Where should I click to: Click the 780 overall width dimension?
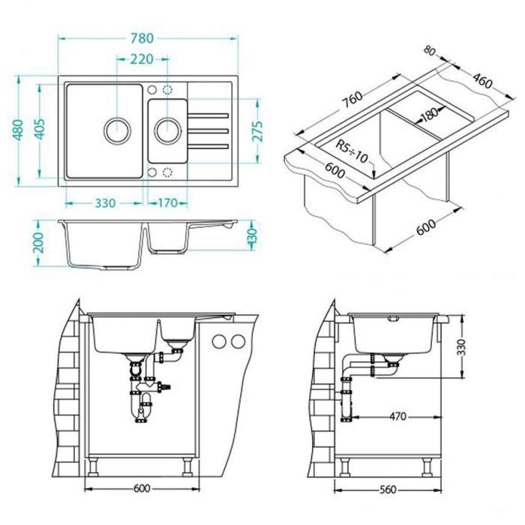[x=142, y=38]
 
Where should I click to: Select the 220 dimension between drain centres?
[x=142, y=59]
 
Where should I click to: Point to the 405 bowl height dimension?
[x=40, y=129]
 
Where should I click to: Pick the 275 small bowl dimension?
[x=258, y=131]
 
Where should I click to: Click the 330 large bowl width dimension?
[x=105, y=203]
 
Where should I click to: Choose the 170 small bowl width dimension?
[x=167, y=203]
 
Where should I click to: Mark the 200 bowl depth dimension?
[x=39, y=242]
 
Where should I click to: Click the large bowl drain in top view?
[x=117, y=130]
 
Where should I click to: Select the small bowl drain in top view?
[x=168, y=130]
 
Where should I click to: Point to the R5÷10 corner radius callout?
[x=352, y=151]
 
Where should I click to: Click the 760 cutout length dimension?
[x=352, y=100]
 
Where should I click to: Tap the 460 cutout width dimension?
[x=482, y=81]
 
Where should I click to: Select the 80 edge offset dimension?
[x=430, y=50]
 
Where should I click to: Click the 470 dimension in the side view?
[x=397, y=416]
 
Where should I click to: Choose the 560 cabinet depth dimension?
[x=388, y=490]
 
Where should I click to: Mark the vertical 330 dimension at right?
[x=461, y=347]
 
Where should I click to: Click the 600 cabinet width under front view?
[x=142, y=488]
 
